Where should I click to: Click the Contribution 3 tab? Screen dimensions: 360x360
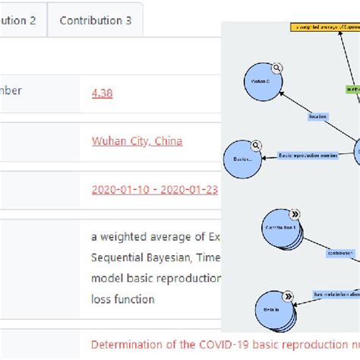(95, 21)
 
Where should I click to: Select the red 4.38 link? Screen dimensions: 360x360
(102, 93)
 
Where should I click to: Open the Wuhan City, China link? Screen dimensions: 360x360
(137, 141)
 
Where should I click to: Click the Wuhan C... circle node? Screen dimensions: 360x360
(261, 82)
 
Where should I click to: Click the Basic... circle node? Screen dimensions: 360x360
(243, 159)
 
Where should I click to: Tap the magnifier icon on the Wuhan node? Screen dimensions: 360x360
(278, 67)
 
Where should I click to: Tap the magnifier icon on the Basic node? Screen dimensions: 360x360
(257, 145)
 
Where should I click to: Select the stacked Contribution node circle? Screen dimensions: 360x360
(279, 229)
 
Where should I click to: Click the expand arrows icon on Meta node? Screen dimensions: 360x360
(289, 295)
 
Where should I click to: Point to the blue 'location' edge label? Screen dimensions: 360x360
(317, 117)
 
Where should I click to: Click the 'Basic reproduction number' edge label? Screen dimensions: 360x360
(308, 156)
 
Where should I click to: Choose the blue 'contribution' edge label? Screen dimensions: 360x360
(339, 253)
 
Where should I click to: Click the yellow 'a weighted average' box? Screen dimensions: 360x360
(324, 27)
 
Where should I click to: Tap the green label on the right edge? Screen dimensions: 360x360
(353, 89)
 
